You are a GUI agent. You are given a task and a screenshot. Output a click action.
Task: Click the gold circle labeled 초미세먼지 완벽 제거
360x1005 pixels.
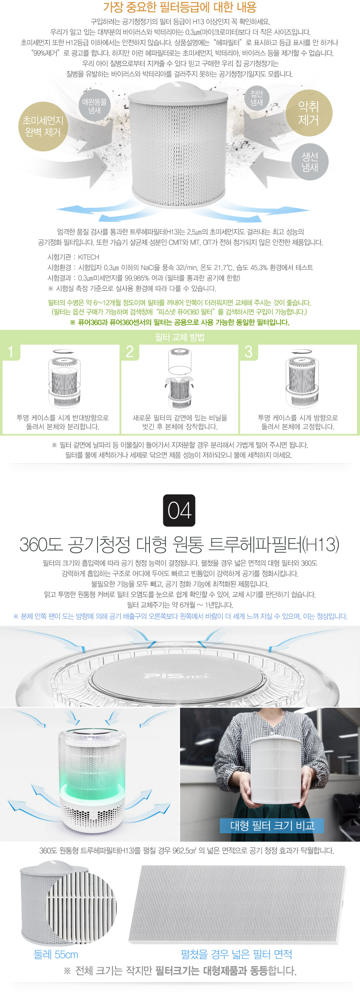(43, 126)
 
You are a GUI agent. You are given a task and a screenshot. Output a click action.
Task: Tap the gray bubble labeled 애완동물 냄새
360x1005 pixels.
(95, 106)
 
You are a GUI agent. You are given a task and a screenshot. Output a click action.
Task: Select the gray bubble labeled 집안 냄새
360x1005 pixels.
(257, 98)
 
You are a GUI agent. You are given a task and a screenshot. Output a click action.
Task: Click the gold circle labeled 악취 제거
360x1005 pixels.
(309, 113)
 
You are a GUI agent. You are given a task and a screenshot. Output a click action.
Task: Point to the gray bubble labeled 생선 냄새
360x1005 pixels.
(310, 162)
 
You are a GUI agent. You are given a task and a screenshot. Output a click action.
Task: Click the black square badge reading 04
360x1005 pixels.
(179, 510)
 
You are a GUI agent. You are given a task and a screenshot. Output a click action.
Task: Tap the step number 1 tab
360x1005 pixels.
(11, 352)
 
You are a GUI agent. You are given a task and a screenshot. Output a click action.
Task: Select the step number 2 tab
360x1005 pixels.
(130, 352)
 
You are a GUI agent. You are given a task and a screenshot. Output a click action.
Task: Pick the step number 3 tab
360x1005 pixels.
(249, 352)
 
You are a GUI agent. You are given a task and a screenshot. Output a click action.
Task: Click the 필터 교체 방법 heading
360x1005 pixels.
(180, 337)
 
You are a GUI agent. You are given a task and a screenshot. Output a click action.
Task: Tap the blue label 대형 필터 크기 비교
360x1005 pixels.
(272, 825)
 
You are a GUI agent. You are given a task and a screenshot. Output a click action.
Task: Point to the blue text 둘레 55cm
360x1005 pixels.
(56, 954)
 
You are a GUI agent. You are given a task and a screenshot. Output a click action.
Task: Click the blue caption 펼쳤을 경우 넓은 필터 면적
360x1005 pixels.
(237, 954)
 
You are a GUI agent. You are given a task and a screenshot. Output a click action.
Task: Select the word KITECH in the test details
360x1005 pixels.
(89, 257)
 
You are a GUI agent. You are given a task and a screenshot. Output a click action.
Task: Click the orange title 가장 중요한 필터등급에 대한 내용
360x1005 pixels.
(180, 7)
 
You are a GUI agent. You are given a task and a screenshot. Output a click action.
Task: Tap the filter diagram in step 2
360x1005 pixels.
(180, 379)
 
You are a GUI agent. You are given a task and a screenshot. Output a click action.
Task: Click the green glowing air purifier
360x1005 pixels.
(92, 781)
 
